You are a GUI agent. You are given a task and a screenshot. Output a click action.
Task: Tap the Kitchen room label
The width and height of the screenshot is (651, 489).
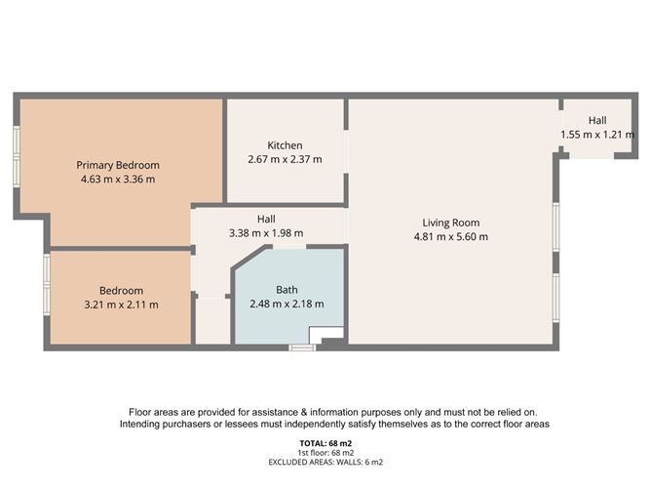click(285, 145)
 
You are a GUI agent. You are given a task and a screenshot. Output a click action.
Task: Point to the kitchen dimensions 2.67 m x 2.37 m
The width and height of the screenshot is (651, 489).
click(285, 159)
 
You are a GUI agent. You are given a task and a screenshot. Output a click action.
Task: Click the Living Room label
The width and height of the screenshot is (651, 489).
click(450, 223)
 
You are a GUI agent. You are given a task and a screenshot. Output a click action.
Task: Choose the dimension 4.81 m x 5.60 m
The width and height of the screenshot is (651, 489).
click(450, 236)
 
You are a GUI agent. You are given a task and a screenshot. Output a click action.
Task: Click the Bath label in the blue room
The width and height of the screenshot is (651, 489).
click(287, 290)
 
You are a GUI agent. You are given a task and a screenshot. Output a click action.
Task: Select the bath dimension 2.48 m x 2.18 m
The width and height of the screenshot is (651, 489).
click(287, 304)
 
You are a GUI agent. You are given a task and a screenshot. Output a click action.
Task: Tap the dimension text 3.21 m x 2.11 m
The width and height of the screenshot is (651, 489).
click(121, 305)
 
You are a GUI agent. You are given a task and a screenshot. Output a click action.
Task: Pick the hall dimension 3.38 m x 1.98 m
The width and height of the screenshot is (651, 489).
click(266, 233)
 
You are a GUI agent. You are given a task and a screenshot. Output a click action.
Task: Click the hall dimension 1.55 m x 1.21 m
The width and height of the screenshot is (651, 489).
click(596, 134)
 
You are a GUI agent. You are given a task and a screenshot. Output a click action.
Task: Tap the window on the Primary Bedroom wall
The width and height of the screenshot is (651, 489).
click(17, 155)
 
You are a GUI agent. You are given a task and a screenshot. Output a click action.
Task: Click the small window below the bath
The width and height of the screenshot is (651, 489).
click(300, 346)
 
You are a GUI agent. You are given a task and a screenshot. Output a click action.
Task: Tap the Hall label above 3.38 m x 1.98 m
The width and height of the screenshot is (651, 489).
click(266, 220)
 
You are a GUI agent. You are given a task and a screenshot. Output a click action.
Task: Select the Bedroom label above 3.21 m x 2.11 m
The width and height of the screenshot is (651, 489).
click(121, 291)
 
